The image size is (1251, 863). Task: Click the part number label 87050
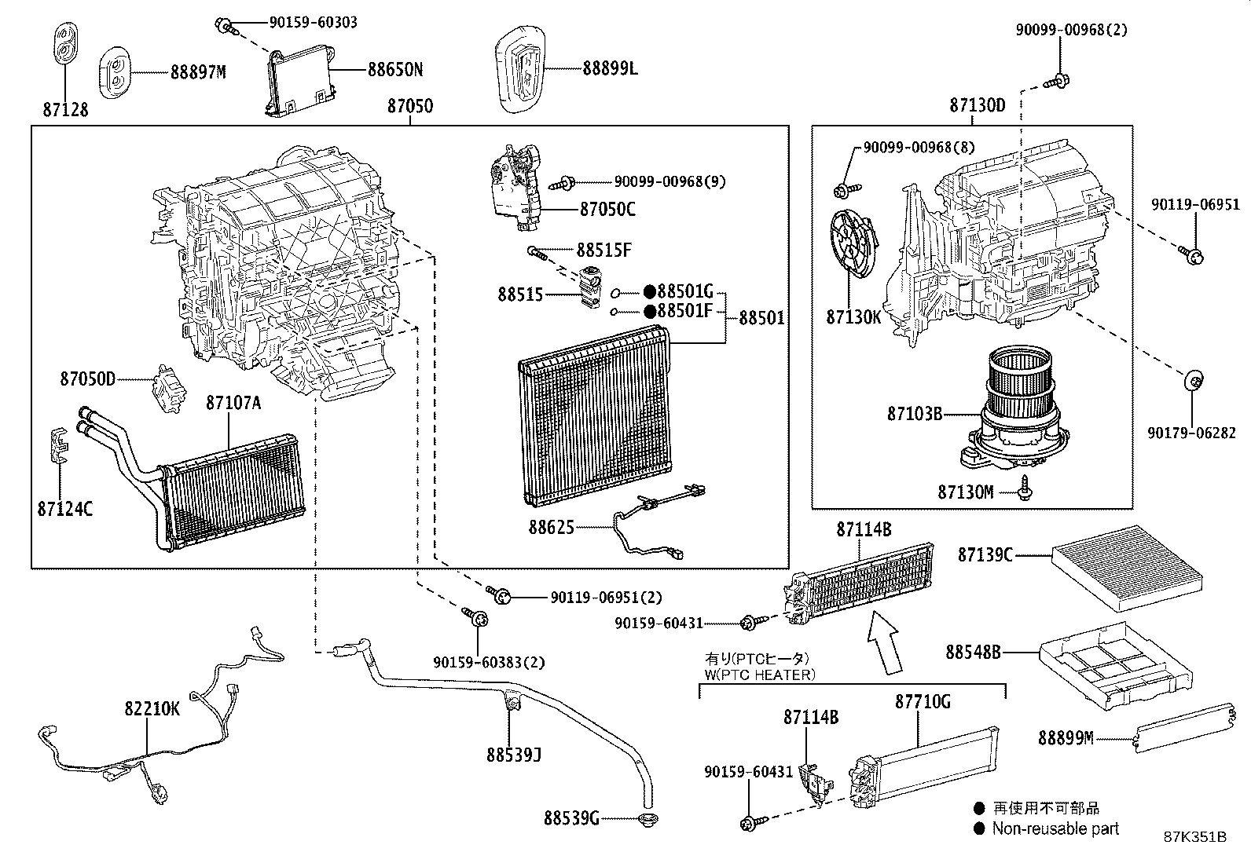point(409,106)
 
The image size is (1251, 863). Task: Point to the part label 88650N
point(394,70)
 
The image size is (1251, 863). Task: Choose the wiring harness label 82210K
point(152,709)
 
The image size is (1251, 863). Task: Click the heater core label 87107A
point(233,403)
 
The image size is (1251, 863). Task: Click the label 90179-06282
point(1191,433)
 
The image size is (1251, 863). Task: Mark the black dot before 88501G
point(650,291)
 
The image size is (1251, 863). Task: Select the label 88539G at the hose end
point(571,819)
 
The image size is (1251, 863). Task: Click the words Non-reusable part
point(1055,828)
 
